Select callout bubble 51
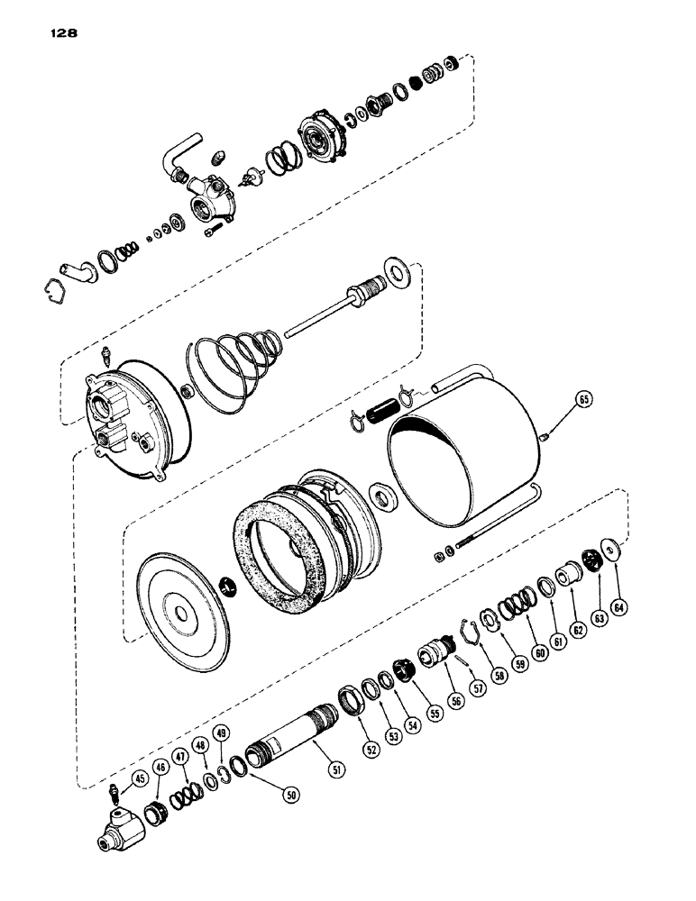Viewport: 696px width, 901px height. click(x=336, y=769)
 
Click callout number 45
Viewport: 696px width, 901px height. click(x=139, y=780)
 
